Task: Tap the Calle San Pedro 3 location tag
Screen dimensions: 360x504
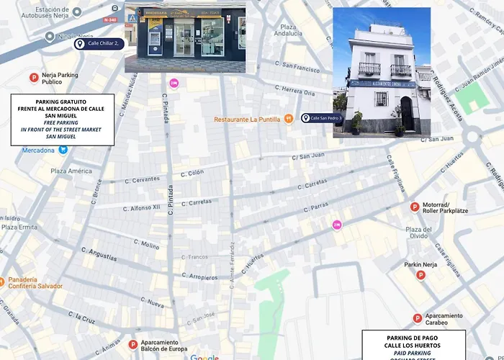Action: pos(322,117)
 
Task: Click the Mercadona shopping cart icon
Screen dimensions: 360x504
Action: pos(63,150)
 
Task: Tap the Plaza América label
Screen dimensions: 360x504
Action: pos(71,171)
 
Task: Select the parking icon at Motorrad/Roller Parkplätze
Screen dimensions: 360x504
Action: pos(414,207)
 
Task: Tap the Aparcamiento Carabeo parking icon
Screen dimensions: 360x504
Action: pos(417,318)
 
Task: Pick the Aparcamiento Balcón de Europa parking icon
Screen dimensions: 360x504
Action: pos(132,345)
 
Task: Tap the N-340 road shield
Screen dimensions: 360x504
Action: pos(111,20)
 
